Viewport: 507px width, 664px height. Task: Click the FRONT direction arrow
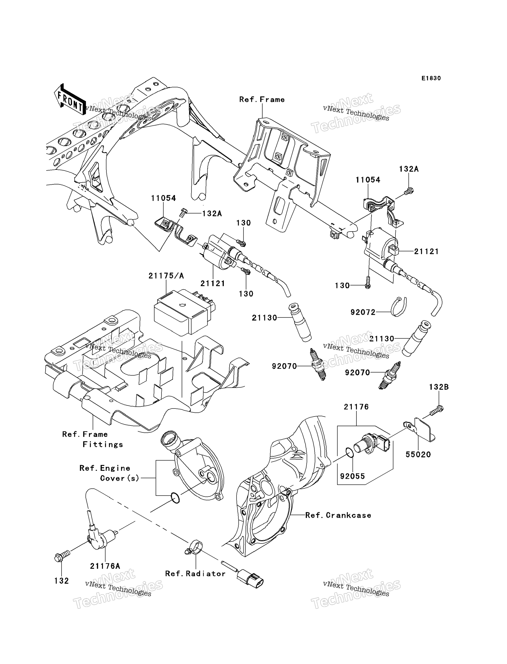pos(70,99)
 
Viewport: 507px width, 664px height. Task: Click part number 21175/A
pos(166,276)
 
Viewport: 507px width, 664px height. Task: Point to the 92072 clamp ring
pos(399,307)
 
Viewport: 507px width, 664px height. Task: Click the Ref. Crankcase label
pos(338,515)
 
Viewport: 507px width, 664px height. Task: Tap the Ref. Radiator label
pos(195,574)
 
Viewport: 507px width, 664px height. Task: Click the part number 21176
pos(356,407)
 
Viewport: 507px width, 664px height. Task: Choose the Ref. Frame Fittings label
pos(93,439)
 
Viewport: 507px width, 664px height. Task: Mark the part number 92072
pos(363,312)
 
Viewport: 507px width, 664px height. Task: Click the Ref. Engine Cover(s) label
pos(109,473)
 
